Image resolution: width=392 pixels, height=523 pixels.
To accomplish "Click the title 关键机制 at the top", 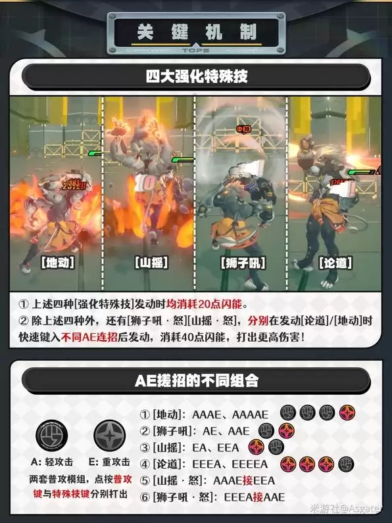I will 195,32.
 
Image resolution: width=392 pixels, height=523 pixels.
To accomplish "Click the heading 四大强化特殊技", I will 195,76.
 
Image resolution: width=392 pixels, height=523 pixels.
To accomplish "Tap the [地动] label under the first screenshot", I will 57,262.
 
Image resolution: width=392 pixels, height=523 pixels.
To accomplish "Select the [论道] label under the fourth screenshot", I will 334,262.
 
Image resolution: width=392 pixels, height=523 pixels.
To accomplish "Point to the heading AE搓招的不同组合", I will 196,380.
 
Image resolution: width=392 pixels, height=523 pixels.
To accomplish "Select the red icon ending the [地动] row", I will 347,413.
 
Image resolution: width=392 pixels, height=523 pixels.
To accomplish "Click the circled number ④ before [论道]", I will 145,465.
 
